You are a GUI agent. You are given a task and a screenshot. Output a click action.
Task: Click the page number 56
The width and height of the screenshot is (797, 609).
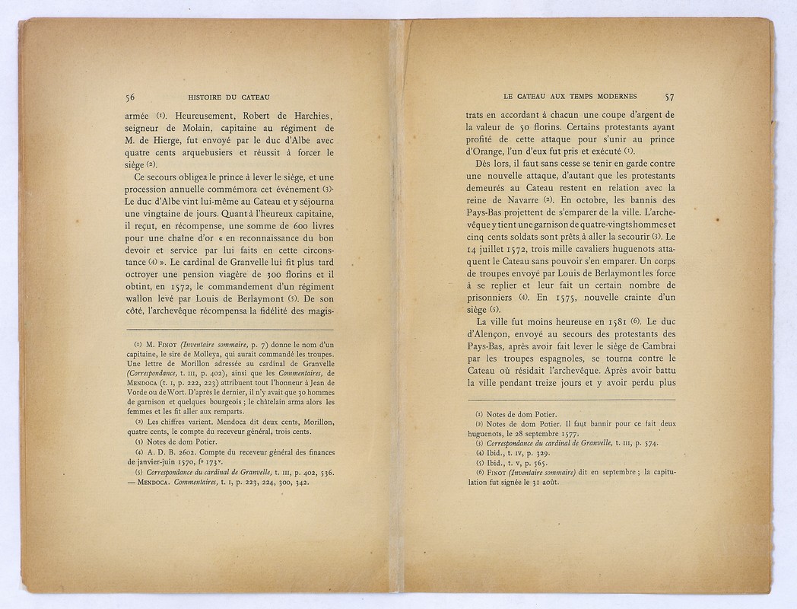coord(130,97)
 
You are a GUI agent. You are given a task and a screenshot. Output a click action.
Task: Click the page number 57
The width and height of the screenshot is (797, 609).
coord(669,97)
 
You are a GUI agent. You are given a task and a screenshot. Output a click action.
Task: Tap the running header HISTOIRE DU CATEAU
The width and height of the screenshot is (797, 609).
coord(229,97)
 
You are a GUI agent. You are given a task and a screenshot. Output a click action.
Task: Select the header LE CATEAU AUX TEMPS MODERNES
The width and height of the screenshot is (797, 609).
coord(570,97)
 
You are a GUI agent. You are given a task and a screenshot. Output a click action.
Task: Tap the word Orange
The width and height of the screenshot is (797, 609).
coord(488,151)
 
